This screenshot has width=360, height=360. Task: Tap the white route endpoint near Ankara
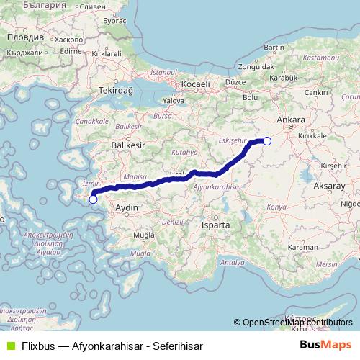tap(266, 141)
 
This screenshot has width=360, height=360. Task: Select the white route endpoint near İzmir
tap(93, 199)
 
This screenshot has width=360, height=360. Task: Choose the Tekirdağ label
tap(117, 91)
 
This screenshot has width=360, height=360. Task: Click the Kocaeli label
tap(195, 84)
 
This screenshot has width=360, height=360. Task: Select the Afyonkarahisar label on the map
tap(216, 186)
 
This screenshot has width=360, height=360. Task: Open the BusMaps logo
tap(325, 345)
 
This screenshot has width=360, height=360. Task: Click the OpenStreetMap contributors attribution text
tap(295, 323)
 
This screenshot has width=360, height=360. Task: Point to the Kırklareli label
tap(106, 54)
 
